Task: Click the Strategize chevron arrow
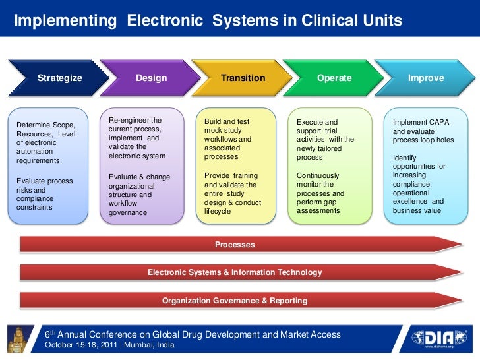[x=59, y=78]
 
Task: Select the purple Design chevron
[x=151, y=78]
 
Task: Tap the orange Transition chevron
[x=243, y=78]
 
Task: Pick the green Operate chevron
[x=334, y=78]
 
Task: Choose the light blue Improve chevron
[x=425, y=78]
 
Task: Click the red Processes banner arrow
[x=235, y=245]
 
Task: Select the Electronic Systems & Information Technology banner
[x=235, y=272]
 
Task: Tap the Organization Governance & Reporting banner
[x=235, y=301]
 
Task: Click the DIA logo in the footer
[x=440, y=338]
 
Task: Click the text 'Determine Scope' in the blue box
[x=45, y=125]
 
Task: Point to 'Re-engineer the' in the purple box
[x=135, y=121]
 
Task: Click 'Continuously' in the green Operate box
[x=318, y=176]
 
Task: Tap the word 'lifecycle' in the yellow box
[x=218, y=211]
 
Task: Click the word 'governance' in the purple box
[x=128, y=213]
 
